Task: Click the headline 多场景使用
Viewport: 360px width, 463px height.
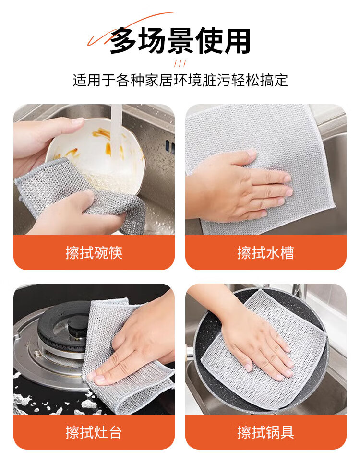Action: coord(180,40)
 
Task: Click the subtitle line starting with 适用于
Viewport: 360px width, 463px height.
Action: coord(180,80)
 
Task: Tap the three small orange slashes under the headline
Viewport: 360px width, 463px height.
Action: coord(180,63)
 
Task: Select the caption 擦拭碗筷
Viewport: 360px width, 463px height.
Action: coord(94,253)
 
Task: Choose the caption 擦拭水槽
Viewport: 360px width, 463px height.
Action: coord(265,253)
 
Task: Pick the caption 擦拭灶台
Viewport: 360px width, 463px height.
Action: coord(94,432)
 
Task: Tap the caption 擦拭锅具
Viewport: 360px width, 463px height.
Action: coord(265,432)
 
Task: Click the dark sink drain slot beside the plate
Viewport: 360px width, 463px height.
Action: coord(169,146)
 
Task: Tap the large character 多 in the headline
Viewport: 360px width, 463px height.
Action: coord(123,40)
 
